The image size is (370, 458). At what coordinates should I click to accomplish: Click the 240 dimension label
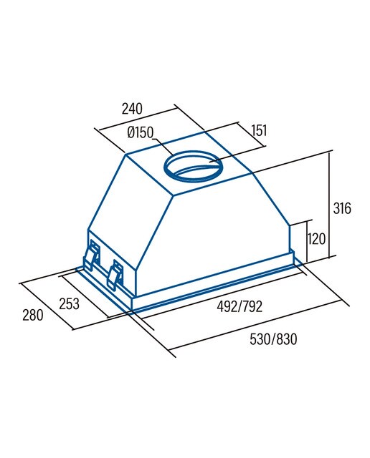point(132,109)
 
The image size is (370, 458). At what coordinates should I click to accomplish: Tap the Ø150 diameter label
point(141,132)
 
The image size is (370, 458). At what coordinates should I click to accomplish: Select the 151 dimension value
point(260,130)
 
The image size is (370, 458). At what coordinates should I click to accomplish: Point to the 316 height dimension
point(342,208)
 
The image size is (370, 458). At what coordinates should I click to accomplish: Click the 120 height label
point(316,239)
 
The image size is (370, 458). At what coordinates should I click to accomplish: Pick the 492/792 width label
point(239,306)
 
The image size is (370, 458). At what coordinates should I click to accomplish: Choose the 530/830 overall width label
point(273,338)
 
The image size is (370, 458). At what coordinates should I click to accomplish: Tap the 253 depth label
point(69,303)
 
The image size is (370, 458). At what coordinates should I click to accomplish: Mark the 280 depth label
point(33,315)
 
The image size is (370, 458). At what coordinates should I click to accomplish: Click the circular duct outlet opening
point(166,167)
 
